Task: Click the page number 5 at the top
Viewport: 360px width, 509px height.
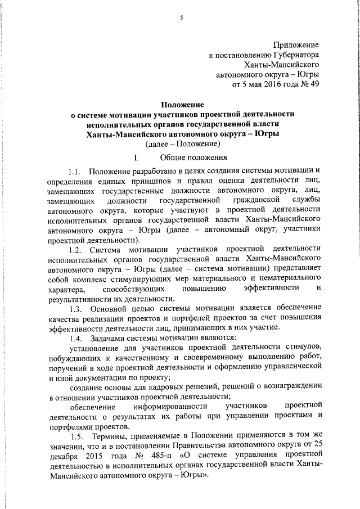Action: tap(181, 17)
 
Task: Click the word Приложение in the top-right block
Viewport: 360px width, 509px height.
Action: tap(296, 44)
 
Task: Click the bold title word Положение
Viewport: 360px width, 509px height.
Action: tap(183, 104)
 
